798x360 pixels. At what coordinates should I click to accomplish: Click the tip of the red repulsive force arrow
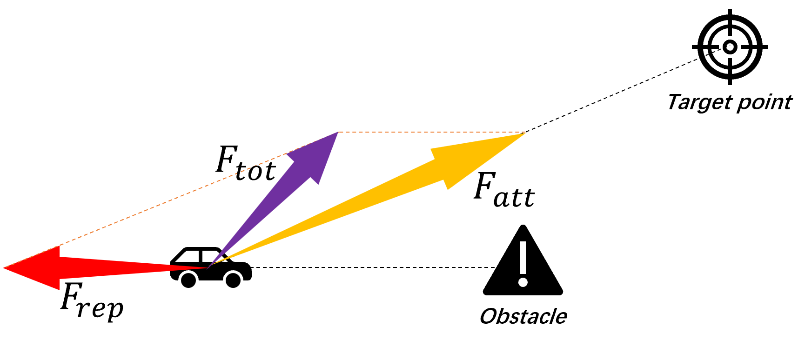pyautogui.click(x=4, y=268)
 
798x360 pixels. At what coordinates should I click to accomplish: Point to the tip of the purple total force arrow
pyautogui.click(x=338, y=133)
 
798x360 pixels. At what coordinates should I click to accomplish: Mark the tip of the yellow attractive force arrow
pyautogui.click(x=525, y=133)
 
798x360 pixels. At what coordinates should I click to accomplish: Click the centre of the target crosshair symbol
pyautogui.click(x=730, y=47)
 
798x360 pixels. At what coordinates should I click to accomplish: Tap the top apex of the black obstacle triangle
pyautogui.click(x=523, y=226)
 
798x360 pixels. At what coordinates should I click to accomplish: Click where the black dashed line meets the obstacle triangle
pyautogui.click(x=496, y=267)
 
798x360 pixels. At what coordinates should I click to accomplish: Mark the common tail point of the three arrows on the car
pyautogui.click(x=208, y=267)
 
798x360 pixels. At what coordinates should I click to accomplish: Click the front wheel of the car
pyautogui.click(x=233, y=279)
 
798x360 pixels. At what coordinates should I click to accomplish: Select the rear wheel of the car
pyautogui.click(x=188, y=279)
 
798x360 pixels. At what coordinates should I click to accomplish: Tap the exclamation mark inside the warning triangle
pyautogui.click(x=523, y=264)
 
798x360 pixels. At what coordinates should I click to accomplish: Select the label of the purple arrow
pyautogui.click(x=246, y=163)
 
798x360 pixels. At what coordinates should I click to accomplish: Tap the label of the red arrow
pyautogui.click(x=92, y=300)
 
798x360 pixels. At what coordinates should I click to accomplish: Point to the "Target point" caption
pyautogui.click(x=730, y=102)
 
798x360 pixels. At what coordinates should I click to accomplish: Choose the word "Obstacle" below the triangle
pyautogui.click(x=523, y=316)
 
